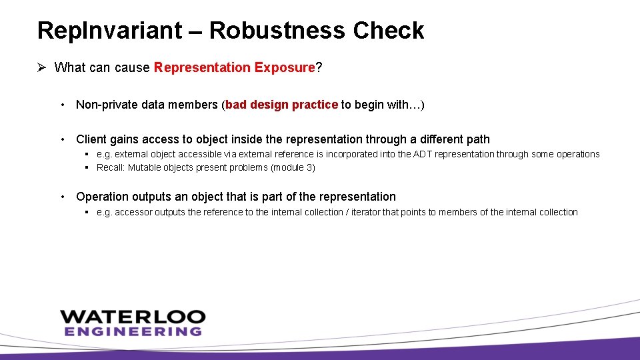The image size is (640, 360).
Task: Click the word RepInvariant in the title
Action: (x=109, y=31)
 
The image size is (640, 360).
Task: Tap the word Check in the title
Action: (x=389, y=31)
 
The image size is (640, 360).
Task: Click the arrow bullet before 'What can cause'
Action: (x=41, y=67)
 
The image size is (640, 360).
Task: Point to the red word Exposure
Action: (x=285, y=67)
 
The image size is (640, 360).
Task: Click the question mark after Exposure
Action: (x=319, y=67)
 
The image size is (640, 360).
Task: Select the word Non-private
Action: (x=111, y=105)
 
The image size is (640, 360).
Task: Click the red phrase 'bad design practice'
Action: (x=282, y=105)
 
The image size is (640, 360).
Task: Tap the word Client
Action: (x=92, y=139)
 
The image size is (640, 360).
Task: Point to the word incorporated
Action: (x=360, y=154)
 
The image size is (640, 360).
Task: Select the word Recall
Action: (x=110, y=167)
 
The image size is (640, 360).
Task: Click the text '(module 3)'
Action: (x=293, y=167)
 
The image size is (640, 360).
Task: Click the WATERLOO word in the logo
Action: (x=133, y=317)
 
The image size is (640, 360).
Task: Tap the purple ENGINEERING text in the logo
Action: (x=133, y=331)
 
